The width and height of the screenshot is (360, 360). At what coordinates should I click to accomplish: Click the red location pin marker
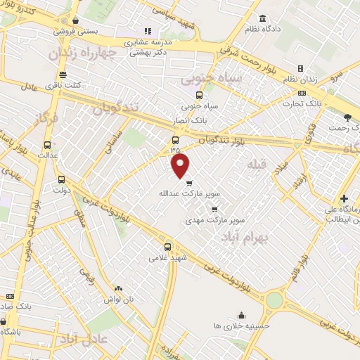point(181,167)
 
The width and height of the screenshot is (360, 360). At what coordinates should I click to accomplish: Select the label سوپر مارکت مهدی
point(215,219)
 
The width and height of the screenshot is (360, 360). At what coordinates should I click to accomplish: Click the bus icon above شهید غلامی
point(167,247)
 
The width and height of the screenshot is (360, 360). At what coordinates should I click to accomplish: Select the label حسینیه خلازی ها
point(242,326)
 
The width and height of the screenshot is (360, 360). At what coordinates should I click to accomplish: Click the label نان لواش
point(119,300)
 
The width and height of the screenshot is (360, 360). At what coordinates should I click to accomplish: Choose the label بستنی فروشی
point(78,32)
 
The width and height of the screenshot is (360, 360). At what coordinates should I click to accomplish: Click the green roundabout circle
point(274,300)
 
